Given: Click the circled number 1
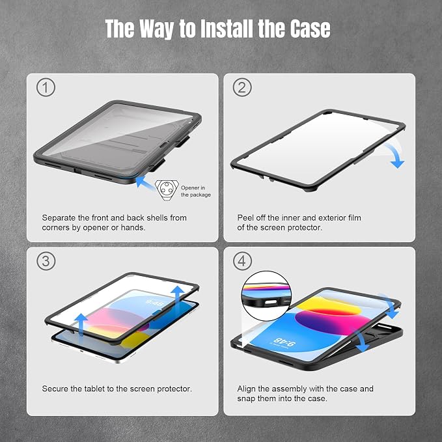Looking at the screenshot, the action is click(x=46, y=87).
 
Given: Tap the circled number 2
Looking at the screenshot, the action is click(x=242, y=87).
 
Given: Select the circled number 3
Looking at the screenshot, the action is click(x=46, y=261).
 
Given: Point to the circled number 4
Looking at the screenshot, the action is click(x=242, y=261).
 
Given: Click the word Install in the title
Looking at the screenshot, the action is click(x=227, y=29).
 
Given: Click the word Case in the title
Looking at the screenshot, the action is click(x=311, y=29).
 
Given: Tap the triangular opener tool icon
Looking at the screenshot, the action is click(x=167, y=190).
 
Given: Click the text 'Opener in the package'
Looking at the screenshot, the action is click(x=196, y=191).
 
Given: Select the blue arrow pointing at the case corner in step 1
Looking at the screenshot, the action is click(x=145, y=182).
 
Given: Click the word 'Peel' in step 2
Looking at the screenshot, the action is click(x=245, y=217).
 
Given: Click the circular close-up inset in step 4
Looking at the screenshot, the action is click(x=266, y=296).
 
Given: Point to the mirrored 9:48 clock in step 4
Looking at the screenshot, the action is click(x=283, y=342).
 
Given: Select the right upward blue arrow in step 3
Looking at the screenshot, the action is click(x=178, y=299).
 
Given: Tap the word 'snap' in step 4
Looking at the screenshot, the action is click(x=247, y=399).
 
